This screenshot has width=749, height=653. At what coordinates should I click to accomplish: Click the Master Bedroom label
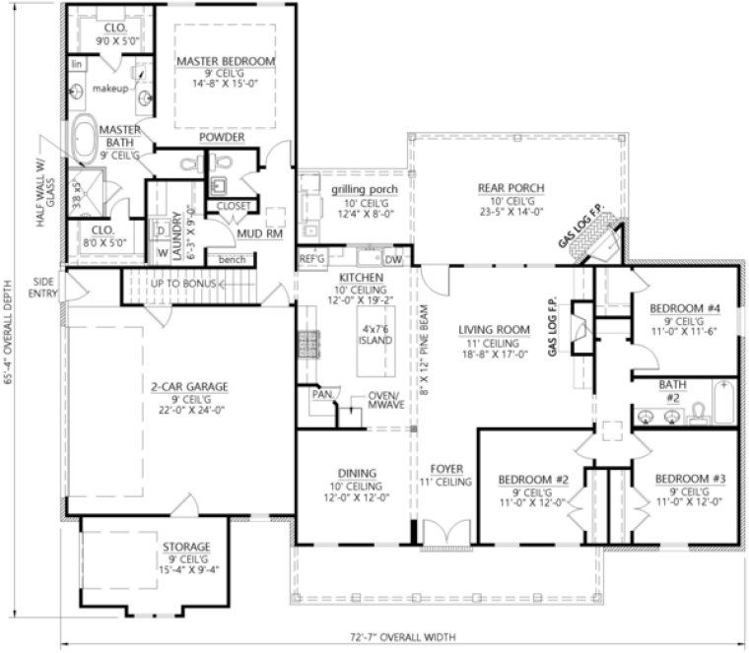(x=226, y=61)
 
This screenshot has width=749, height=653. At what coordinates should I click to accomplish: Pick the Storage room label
(x=186, y=547)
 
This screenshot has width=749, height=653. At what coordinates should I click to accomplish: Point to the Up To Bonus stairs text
(x=184, y=284)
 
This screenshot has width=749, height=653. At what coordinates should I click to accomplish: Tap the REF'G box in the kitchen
(x=311, y=259)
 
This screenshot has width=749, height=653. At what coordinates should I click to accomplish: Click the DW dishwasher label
(x=393, y=259)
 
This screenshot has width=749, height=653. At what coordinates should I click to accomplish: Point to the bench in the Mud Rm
(x=233, y=258)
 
